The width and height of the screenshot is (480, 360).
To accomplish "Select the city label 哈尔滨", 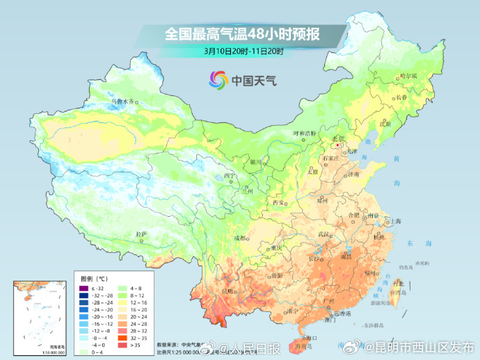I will tap(408, 76).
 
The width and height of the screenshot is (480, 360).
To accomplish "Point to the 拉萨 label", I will tap(141, 234).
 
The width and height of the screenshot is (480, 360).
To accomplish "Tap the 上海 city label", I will tap(395, 221).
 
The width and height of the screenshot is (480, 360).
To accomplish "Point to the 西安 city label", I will tap(279, 202).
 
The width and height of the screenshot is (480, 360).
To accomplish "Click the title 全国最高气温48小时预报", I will tap(243, 33).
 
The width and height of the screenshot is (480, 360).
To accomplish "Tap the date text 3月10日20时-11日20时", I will tap(243, 51).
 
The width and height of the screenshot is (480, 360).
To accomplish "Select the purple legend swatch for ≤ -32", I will tap(83, 288).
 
